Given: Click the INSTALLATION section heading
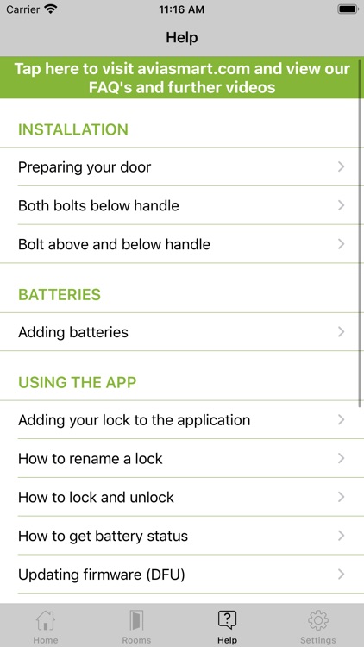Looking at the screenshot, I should (x=73, y=129).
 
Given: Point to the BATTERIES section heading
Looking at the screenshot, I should (x=60, y=294).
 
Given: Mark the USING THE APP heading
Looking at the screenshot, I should (x=78, y=382).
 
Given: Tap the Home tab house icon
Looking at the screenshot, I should (x=45, y=621).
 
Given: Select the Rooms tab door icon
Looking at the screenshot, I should (x=136, y=621).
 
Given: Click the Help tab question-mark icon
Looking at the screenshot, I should (x=227, y=620).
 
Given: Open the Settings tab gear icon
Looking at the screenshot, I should (x=318, y=621).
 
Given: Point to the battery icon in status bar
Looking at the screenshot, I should (x=347, y=9).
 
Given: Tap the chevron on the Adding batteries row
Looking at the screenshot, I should (x=342, y=332).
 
